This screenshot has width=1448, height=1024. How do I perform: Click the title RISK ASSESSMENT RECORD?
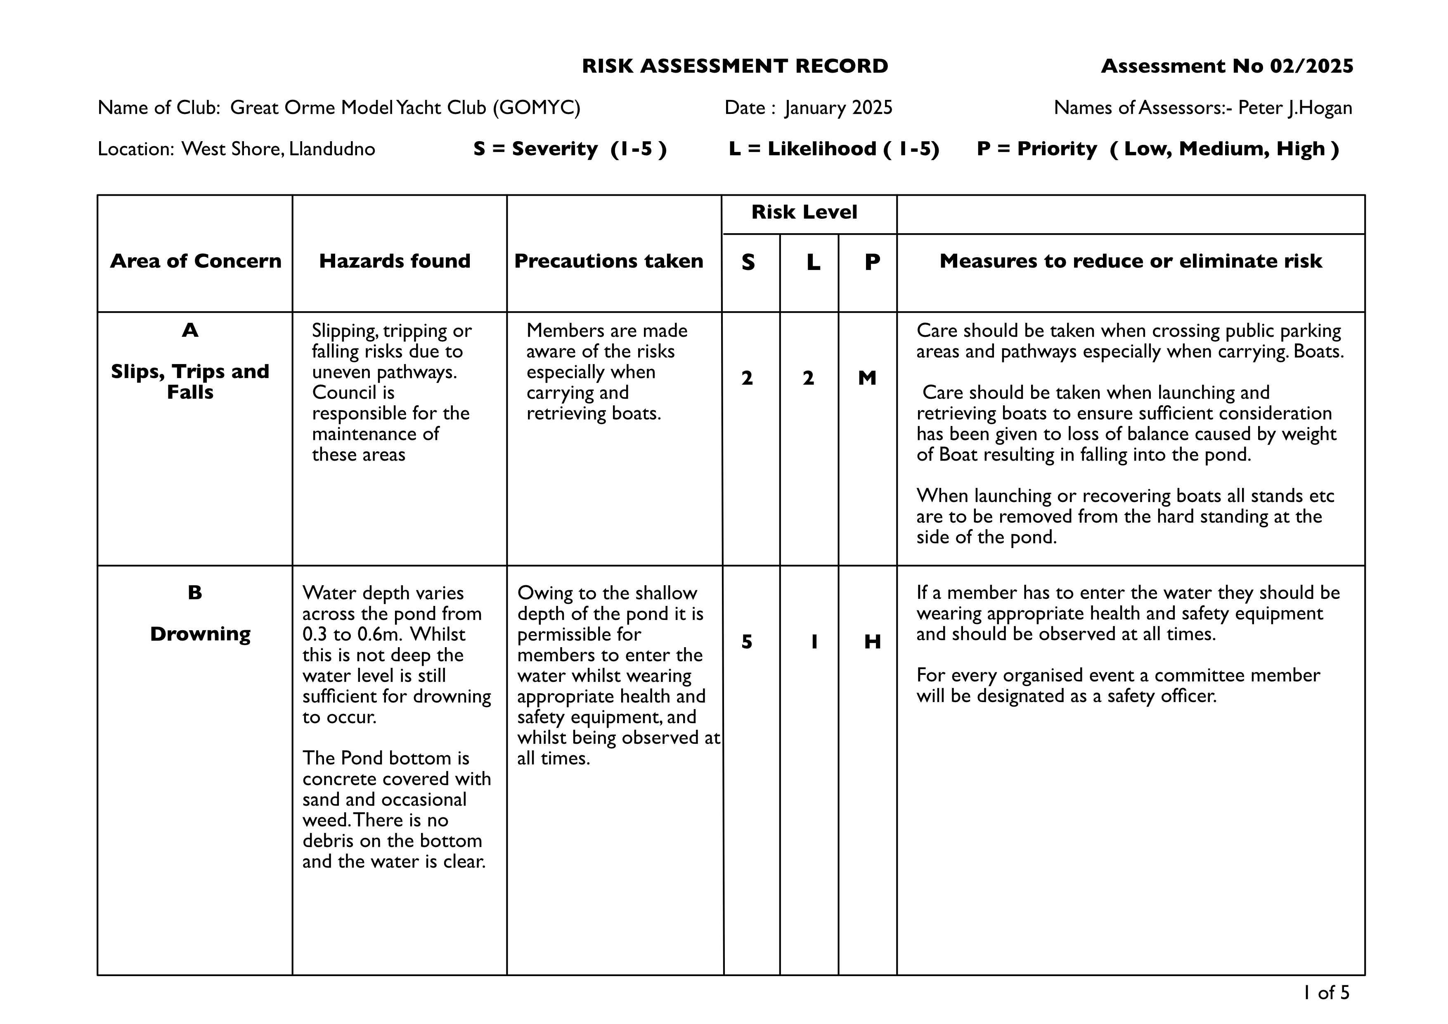[735, 66]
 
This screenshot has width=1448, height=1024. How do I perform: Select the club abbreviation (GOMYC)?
[536, 108]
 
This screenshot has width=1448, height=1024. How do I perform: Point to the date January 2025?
[839, 108]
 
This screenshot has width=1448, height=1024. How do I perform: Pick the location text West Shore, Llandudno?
[278, 149]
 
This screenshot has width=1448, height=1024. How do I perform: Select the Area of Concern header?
[196, 261]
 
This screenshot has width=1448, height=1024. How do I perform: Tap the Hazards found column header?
[395, 261]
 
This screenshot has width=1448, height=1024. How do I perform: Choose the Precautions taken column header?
[608, 261]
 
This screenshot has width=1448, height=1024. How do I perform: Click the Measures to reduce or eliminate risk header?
[1130, 261]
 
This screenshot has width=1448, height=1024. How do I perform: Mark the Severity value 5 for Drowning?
[747, 642]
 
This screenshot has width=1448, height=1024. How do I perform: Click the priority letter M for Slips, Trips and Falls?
[867, 378]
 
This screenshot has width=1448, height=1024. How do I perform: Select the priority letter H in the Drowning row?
[872, 642]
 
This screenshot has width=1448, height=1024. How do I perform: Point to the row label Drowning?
[200, 634]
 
